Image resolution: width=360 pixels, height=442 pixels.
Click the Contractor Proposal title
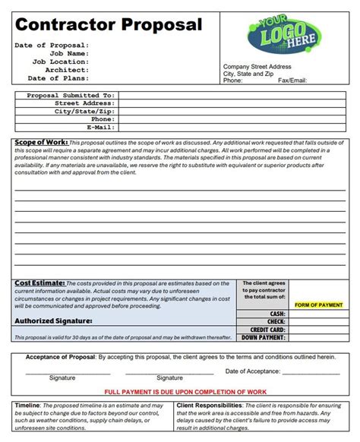pos(108,24)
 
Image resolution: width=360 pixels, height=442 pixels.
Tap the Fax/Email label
pos(292,81)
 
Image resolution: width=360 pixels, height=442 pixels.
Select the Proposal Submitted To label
pos(70,95)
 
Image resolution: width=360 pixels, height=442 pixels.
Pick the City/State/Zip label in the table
pos(83,111)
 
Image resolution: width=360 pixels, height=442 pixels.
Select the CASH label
pos(276,314)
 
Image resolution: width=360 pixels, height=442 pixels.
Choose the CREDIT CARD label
pos(268,330)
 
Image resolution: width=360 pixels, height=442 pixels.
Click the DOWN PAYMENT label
pos(264,337)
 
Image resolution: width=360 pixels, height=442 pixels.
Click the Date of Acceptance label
pos(253,371)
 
